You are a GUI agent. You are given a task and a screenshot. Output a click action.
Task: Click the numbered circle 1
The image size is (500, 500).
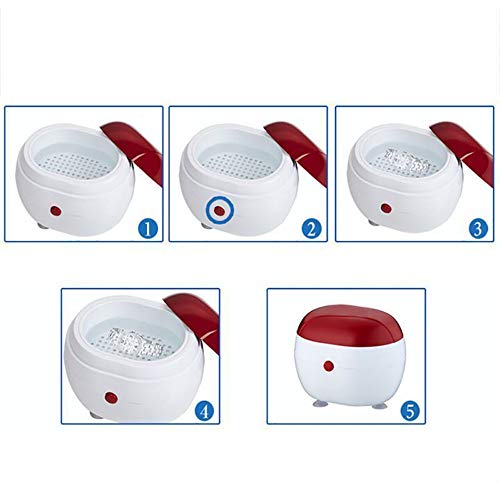[x=148, y=228]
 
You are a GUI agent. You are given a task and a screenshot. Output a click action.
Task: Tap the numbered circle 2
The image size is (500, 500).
[x=313, y=228]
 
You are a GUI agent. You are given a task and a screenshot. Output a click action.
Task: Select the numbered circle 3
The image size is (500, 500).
[x=478, y=228]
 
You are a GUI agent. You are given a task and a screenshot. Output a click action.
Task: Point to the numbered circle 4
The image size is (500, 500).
[x=205, y=410]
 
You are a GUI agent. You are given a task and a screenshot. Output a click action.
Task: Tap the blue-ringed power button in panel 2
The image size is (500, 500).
[x=217, y=212]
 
